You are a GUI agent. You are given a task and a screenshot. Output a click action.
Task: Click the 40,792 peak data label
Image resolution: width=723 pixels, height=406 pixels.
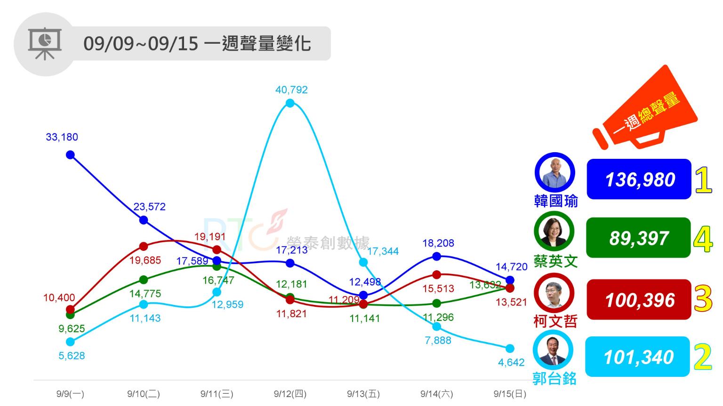[291, 90]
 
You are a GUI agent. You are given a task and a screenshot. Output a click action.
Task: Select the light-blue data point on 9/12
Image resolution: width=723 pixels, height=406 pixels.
[290, 103]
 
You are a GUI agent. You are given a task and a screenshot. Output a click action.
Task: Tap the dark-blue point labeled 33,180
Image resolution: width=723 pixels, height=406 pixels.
[70, 155]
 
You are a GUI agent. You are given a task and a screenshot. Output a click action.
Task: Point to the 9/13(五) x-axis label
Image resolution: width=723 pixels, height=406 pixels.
[363, 394]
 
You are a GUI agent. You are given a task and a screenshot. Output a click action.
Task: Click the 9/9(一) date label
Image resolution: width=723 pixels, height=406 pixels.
[70, 394]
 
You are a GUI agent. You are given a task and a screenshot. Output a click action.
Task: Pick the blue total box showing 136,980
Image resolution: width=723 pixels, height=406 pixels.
[639, 179]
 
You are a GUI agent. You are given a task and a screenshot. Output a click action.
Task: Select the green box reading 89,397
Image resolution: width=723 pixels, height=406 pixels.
[638, 238]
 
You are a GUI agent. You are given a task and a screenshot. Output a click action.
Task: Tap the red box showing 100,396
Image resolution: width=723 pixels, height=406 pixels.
[639, 300]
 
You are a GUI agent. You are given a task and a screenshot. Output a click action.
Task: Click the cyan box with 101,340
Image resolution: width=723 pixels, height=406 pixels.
[637, 357]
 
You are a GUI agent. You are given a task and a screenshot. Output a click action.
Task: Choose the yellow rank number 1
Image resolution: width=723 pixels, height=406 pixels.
[703, 180]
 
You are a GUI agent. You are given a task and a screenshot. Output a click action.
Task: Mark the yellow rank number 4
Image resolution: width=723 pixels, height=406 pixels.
[703, 239]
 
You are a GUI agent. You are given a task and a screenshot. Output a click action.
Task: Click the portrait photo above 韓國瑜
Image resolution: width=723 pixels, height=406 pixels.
[555, 172]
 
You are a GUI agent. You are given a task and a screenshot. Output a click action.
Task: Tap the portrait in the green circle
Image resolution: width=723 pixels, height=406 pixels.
[554, 231]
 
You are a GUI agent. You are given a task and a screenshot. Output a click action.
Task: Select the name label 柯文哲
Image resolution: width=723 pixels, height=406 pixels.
[555, 321]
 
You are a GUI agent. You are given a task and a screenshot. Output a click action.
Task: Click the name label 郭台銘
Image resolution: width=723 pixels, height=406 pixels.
[554, 379]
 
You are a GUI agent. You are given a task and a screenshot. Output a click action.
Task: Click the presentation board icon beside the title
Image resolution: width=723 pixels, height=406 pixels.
[45, 44]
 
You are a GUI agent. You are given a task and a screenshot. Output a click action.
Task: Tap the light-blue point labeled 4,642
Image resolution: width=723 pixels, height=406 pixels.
[510, 348]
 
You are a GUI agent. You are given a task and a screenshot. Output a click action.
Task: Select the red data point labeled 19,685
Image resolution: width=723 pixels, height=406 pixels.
[144, 246]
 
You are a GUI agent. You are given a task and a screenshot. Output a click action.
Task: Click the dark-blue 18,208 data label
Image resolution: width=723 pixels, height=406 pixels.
[438, 243]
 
